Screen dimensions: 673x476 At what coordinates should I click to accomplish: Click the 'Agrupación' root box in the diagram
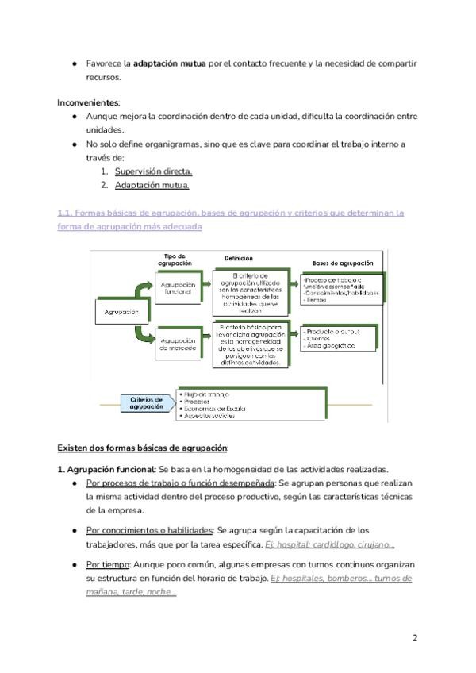coord(121,312)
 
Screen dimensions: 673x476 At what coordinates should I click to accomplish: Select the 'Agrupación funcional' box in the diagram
coord(178,287)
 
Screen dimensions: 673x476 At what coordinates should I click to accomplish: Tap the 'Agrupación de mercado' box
coord(179,344)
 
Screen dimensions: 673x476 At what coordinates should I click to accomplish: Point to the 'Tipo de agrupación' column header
coord(172,260)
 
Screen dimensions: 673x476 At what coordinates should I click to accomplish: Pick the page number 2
coord(415,638)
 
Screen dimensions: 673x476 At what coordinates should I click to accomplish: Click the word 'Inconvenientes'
coord(87,102)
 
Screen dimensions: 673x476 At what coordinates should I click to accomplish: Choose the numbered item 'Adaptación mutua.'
coord(152,185)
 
